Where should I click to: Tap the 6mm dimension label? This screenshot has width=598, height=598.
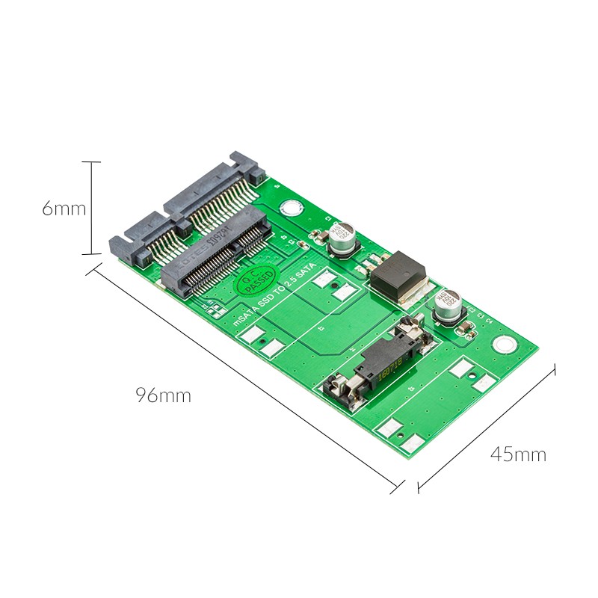click(64, 209)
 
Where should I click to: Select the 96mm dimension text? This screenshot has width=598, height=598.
click(163, 395)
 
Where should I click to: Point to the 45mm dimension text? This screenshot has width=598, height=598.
click(518, 454)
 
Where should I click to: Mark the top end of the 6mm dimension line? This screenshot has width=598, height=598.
click(90, 161)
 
